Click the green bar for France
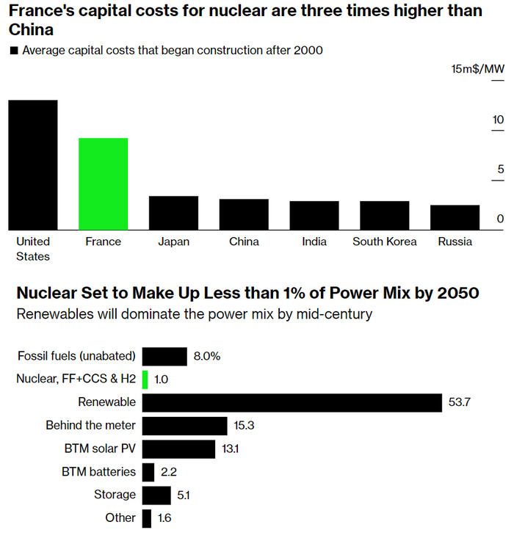[x=103, y=184]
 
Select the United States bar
[x=33, y=164]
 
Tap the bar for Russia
[x=455, y=217]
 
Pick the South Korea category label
[x=385, y=242]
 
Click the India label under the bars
[x=314, y=242]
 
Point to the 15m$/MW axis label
[x=478, y=69]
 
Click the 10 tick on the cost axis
[x=499, y=120]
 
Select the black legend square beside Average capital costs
[x=13, y=51]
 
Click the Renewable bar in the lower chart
[x=292, y=403]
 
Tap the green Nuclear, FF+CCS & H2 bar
[x=145, y=380]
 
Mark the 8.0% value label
[x=206, y=357]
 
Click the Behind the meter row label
[x=90, y=425]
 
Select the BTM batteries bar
[x=148, y=472]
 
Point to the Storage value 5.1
[x=183, y=495]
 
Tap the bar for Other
[x=147, y=518]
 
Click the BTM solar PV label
[x=100, y=449]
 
